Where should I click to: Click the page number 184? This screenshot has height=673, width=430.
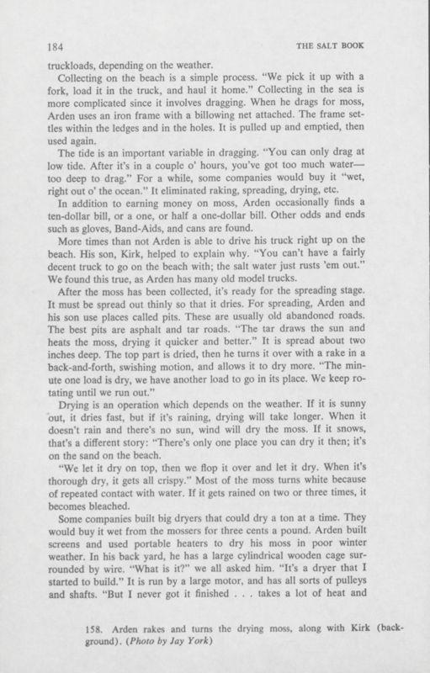tap(58, 46)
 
